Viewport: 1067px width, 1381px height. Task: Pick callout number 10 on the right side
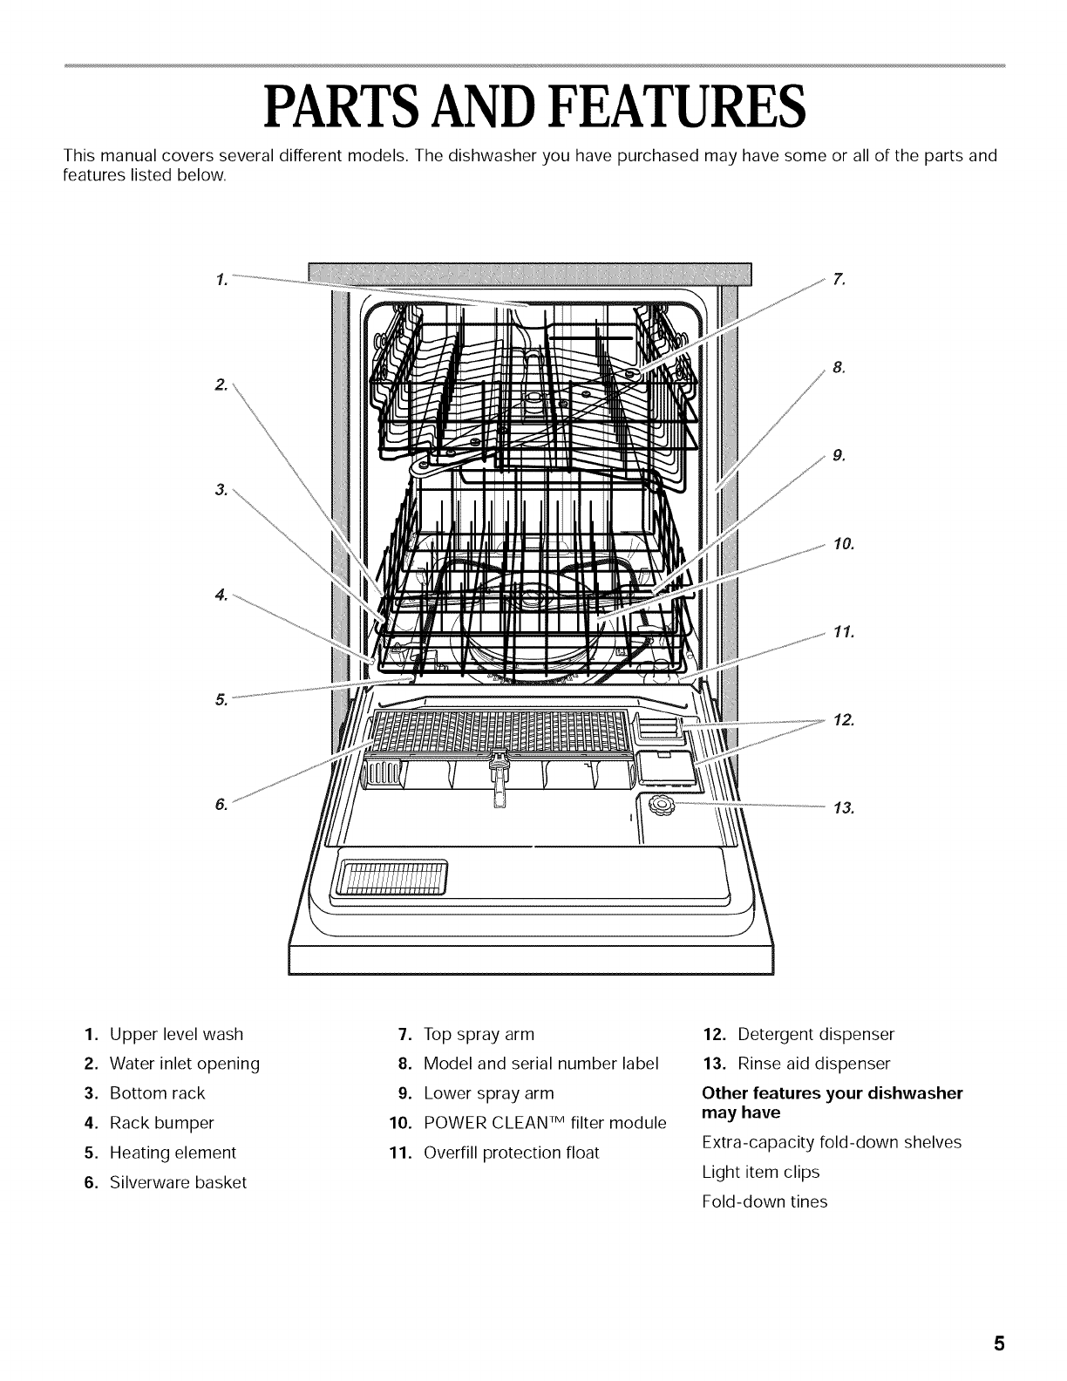tap(844, 545)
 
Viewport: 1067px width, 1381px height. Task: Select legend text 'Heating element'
tap(173, 1153)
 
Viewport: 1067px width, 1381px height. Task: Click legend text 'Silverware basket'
tap(178, 1182)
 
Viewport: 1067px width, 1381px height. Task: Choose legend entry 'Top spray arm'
tap(479, 1034)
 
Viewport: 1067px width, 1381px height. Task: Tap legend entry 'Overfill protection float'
tap(511, 1153)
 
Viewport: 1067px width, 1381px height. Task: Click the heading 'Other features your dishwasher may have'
tap(832, 1103)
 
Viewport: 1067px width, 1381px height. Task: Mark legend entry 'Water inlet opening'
tap(184, 1064)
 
